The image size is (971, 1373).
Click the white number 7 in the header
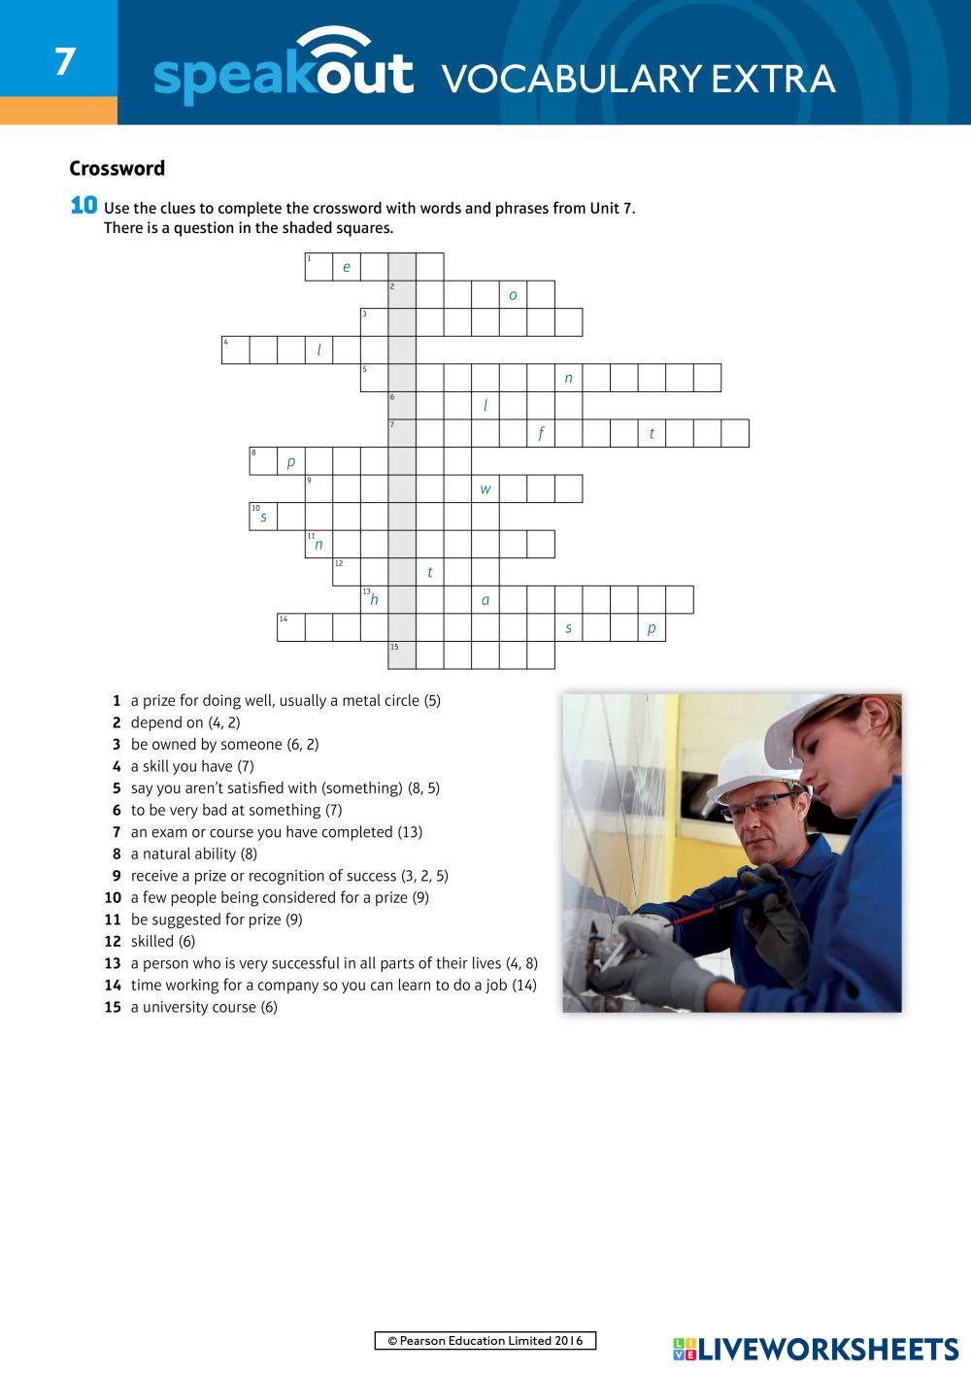[64, 62]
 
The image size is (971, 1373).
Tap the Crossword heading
[117, 169]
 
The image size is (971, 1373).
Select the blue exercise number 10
[84, 205]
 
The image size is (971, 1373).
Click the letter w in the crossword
[485, 489]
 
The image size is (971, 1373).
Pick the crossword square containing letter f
[541, 433]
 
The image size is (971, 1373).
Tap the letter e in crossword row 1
[347, 267]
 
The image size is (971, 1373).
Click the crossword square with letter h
[374, 599]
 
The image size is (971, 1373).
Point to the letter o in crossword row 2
[513, 295]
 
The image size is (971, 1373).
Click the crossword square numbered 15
[402, 655]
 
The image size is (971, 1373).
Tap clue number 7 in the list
[117, 832]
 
